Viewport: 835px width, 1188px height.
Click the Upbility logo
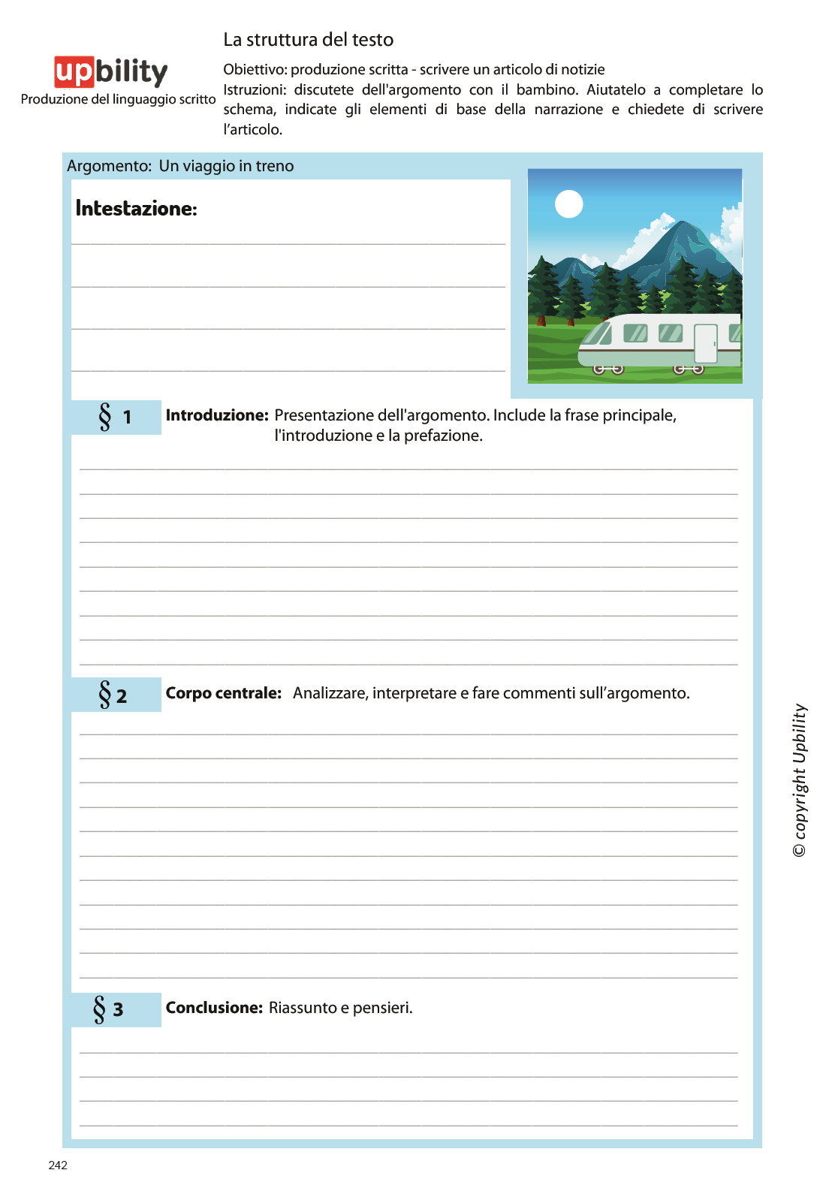pyautogui.click(x=111, y=72)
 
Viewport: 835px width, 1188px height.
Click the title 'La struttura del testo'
pyautogui.click(x=308, y=40)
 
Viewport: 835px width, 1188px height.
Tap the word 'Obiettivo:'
pyautogui.click(x=255, y=70)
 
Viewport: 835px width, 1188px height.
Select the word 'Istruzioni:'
pyautogui.click(x=255, y=90)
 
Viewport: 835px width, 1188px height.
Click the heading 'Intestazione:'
pyautogui.click(x=136, y=209)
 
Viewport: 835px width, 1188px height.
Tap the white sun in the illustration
pyautogui.click(x=568, y=204)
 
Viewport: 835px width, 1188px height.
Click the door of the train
pyautogui.click(x=706, y=344)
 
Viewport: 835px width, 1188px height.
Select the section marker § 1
pyautogui.click(x=115, y=417)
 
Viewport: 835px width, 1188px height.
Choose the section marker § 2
pyautogui.click(x=113, y=695)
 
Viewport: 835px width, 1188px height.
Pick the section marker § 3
pyautogui.click(x=108, y=1009)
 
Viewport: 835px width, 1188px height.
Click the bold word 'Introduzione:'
pyautogui.click(x=217, y=415)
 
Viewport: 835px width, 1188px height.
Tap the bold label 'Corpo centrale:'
pyautogui.click(x=223, y=693)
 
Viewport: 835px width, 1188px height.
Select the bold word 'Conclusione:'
pyautogui.click(x=214, y=1008)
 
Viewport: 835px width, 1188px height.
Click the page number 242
pyautogui.click(x=58, y=1165)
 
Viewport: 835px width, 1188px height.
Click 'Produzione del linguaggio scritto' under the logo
pyautogui.click(x=118, y=99)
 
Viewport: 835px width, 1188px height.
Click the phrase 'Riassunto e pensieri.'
pyautogui.click(x=341, y=1008)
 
